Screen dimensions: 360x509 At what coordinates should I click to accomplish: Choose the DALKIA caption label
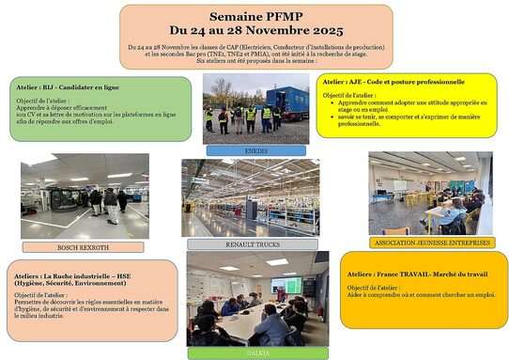click(257, 352)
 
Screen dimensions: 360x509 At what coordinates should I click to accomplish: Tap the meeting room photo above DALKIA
click(256, 298)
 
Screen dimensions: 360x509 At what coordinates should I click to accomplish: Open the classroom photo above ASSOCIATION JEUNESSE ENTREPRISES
click(430, 193)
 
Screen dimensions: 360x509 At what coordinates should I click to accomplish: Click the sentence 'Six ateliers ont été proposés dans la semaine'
click(256, 61)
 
